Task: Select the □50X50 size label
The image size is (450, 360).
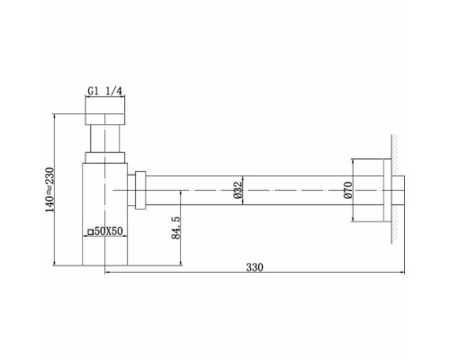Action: pos(105,233)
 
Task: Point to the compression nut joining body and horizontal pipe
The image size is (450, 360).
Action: pos(139,191)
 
